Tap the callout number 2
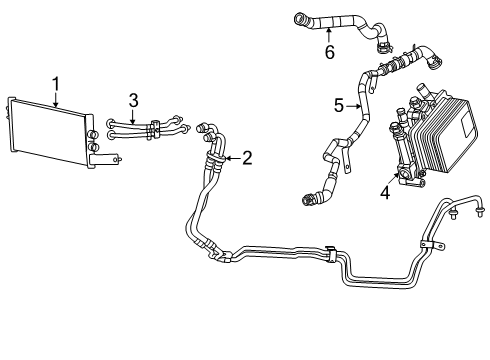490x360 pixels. point(247,158)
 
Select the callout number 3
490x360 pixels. point(133,99)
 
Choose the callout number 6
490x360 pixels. point(329,52)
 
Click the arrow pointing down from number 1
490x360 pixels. point(57,97)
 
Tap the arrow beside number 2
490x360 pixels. point(232,158)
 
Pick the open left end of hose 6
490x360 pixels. point(297,15)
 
